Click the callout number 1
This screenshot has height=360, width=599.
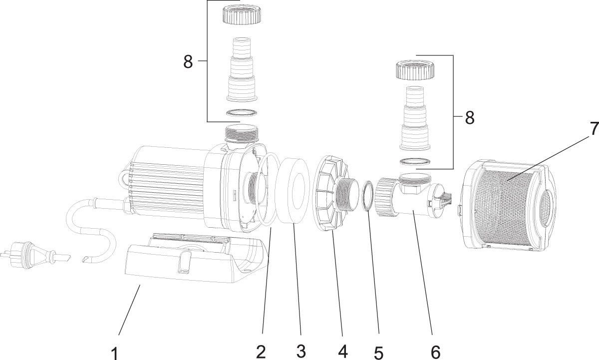(114, 353)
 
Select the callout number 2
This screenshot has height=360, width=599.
(261, 351)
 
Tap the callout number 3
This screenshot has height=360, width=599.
(300, 351)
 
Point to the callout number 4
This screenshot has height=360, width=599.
(342, 351)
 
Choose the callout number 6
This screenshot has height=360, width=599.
(436, 351)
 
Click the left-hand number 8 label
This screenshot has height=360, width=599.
(188, 62)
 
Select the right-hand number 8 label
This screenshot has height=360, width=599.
(470, 118)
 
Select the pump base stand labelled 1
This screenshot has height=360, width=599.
(190, 262)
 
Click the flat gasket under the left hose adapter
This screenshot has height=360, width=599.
(242, 113)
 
